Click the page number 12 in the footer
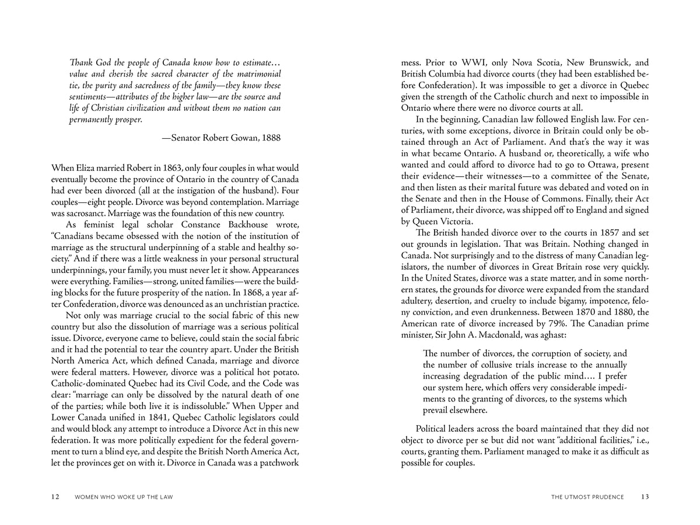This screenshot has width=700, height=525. [55, 497]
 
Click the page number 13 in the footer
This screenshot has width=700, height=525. [645, 497]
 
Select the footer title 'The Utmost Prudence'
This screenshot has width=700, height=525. [587, 497]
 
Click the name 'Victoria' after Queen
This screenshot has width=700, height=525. [455, 221]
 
